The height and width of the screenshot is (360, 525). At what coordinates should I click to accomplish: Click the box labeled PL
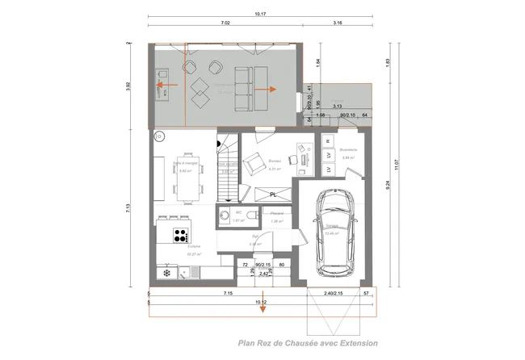275,195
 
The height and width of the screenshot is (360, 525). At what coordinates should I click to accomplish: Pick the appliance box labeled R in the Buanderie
328,141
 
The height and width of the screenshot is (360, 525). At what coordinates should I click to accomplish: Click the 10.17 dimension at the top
259,14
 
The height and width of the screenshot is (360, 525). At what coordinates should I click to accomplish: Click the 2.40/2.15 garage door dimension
333,294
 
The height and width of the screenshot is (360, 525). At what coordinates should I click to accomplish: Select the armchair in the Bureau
254,160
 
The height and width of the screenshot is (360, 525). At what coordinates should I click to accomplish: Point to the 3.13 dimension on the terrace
338,106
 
